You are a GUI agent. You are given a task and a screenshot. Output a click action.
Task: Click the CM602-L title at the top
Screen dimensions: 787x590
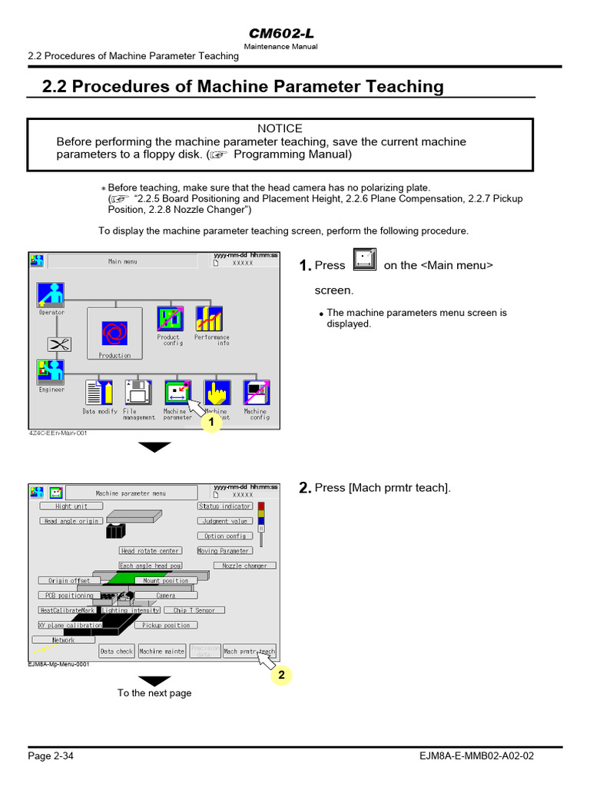click(280, 33)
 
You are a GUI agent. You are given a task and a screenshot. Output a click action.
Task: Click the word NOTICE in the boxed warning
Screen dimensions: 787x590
click(280, 128)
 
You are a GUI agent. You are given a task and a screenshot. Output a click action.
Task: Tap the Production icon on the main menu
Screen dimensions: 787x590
click(114, 332)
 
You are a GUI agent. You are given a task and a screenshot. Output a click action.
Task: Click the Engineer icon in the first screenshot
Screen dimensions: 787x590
click(51, 372)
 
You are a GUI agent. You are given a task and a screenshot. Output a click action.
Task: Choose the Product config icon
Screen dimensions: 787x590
click(170, 318)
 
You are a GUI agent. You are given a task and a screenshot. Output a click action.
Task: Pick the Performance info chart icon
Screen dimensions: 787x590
click(209, 318)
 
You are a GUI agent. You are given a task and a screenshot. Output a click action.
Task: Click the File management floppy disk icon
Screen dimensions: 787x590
click(138, 393)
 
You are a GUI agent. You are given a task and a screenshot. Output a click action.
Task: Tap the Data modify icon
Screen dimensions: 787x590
click(99, 393)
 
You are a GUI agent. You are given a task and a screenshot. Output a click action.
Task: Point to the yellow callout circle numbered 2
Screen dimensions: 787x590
click(281, 675)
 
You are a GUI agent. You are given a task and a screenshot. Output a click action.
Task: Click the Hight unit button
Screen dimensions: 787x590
click(71, 506)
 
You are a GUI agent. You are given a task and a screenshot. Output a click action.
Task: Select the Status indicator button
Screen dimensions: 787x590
click(224, 506)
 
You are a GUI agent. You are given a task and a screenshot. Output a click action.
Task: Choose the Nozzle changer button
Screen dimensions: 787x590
click(244, 566)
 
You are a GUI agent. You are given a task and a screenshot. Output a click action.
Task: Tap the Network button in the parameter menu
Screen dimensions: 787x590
click(64, 639)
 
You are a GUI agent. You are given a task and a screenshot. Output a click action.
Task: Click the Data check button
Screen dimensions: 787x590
click(117, 652)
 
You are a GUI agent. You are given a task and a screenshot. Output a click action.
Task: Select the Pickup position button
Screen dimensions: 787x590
click(166, 626)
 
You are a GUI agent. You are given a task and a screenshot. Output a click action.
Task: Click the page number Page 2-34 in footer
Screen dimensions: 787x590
click(51, 756)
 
